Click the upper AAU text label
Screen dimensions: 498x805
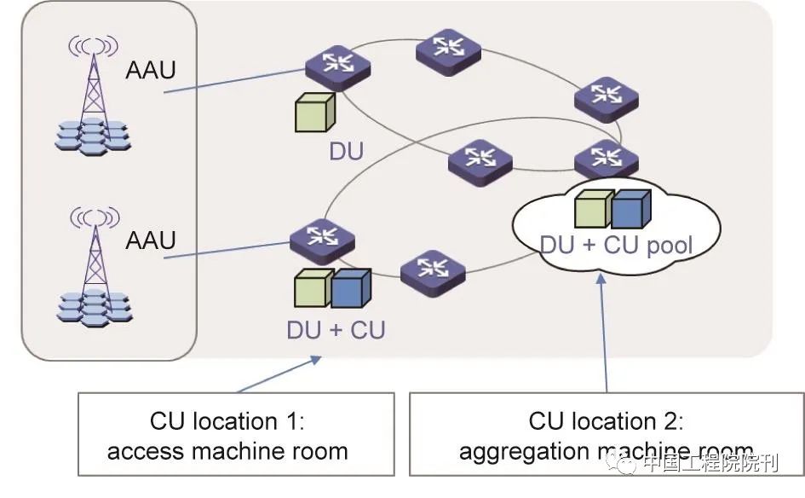150,70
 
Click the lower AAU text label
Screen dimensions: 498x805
150,240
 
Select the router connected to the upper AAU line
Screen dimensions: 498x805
339,68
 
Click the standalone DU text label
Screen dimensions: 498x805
346,152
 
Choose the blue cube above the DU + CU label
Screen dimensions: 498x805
350,288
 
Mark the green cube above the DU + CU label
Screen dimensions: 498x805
313,289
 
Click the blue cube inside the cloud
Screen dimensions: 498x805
630,209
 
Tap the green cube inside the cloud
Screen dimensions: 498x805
594,209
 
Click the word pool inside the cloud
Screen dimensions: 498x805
668,246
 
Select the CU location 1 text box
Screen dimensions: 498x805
236,434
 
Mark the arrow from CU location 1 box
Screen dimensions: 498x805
281,375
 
